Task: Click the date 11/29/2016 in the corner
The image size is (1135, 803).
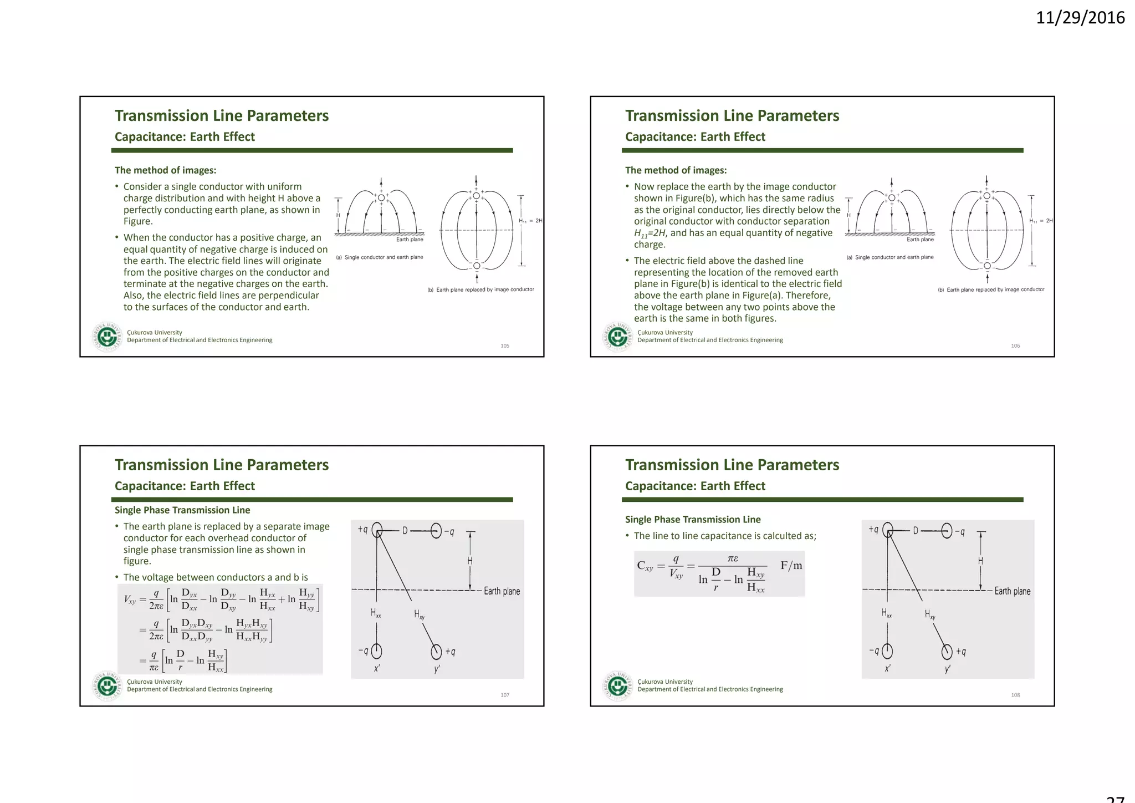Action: pos(1080,18)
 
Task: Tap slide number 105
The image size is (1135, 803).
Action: pos(505,346)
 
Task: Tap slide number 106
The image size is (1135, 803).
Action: pos(1015,346)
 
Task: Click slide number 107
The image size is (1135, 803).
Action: pos(505,695)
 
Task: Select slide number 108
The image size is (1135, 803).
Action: pos(1015,695)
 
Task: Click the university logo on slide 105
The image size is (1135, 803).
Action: pos(107,336)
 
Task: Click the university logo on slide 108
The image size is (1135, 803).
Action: pos(617,685)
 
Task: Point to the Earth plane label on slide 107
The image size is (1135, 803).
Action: pos(502,591)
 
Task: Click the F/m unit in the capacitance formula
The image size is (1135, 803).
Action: pos(791,566)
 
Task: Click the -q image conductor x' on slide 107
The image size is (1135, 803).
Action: pos(377,651)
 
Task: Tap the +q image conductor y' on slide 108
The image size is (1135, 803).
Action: pos(947,652)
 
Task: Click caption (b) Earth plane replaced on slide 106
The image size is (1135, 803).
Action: pos(991,289)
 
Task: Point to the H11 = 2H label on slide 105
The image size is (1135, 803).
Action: pos(530,221)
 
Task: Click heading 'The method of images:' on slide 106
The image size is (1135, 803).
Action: pos(676,170)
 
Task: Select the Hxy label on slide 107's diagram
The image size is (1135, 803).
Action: pos(419,614)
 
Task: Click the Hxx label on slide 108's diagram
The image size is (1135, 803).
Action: pos(887,613)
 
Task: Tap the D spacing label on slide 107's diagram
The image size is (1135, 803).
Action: pos(405,531)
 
